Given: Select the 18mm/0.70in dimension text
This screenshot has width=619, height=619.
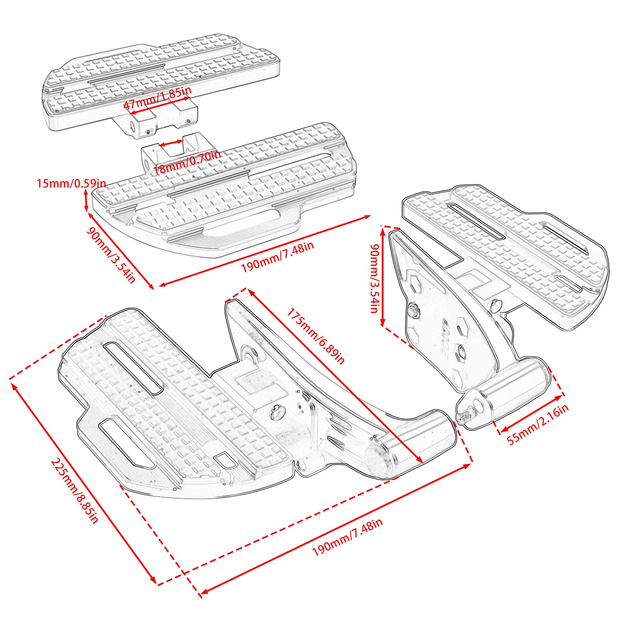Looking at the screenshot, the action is coord(187,163).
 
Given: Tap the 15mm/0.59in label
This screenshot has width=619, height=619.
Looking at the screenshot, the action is coord(71,183).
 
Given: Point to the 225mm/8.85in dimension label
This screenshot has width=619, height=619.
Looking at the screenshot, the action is coord(74,491).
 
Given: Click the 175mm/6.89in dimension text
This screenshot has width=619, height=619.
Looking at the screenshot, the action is coord(315,336).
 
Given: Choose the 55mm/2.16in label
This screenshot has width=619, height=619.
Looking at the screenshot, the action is coord(537,424).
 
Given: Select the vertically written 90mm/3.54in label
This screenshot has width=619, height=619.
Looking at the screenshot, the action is coord(374,278).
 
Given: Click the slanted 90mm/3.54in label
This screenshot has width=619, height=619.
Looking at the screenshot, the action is coord(111,255).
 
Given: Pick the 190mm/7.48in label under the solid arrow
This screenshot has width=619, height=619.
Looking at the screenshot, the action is coord(277,257).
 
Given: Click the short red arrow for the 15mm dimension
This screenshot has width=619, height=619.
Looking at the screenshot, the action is coord(86,201).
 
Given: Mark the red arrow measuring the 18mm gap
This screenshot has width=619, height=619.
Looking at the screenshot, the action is coord(171,144).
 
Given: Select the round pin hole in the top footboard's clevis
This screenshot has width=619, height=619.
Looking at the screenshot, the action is coord(132,126).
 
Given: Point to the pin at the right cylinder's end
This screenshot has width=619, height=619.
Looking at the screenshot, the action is coord(464,417).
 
